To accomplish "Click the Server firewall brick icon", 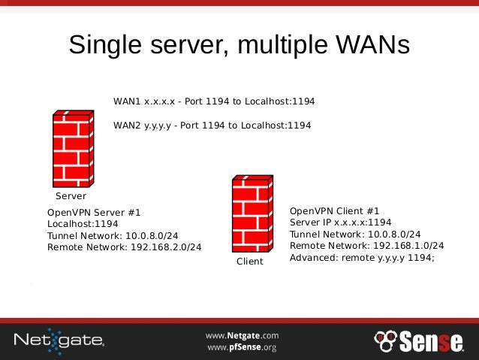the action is click(73, 148).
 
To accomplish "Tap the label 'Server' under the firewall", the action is click(71, 195).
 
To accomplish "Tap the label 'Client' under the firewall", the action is click(250, 262).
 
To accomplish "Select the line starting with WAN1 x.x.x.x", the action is click(214, 101).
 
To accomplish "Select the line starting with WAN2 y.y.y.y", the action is click(212, 126).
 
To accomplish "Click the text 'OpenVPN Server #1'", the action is click(94, 213).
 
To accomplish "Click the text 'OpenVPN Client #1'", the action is click(335, 211).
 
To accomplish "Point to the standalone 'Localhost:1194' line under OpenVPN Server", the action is click(83, 224).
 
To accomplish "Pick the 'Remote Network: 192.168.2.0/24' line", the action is click(124, 247).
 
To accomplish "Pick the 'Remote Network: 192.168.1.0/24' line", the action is click(366, 245).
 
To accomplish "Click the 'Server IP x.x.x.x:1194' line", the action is click(341, 222).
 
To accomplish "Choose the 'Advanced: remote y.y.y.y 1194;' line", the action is click(363, 257).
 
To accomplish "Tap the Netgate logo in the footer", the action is click(59, 340).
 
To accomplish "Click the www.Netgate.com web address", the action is click(243, 335).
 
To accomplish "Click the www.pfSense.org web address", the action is click(242, 347).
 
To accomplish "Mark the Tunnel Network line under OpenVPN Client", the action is click(355, 234).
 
